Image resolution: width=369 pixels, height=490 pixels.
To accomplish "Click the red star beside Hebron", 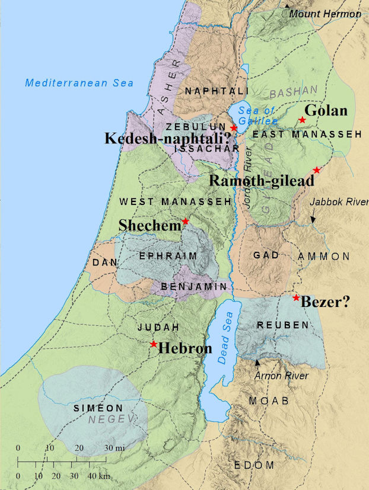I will coord(154,344).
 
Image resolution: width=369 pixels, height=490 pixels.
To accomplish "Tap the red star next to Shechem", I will coord(185,221).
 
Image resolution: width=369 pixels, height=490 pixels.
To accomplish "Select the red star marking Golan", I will coord(302,120).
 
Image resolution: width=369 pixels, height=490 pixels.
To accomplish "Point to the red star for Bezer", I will coord(296,297).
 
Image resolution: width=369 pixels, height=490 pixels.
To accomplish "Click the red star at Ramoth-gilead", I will coord(316,170).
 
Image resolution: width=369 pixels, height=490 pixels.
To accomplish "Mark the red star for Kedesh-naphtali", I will coord(234,127).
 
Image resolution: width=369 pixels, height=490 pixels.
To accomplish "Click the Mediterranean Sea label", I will coord(79,83).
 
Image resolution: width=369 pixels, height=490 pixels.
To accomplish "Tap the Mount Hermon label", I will coord(325,14).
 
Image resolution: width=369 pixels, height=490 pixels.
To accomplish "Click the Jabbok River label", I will coord(339,202).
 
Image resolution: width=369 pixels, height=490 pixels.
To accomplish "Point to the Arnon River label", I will coord(281,376).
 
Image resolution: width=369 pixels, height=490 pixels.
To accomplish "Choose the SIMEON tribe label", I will coord(98,408).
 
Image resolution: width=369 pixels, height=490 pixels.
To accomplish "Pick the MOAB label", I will coord(269,401).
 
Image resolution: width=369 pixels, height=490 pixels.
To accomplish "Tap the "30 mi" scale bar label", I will coord(114,447).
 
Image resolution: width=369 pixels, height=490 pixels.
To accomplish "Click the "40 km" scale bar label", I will coord(100,476).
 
